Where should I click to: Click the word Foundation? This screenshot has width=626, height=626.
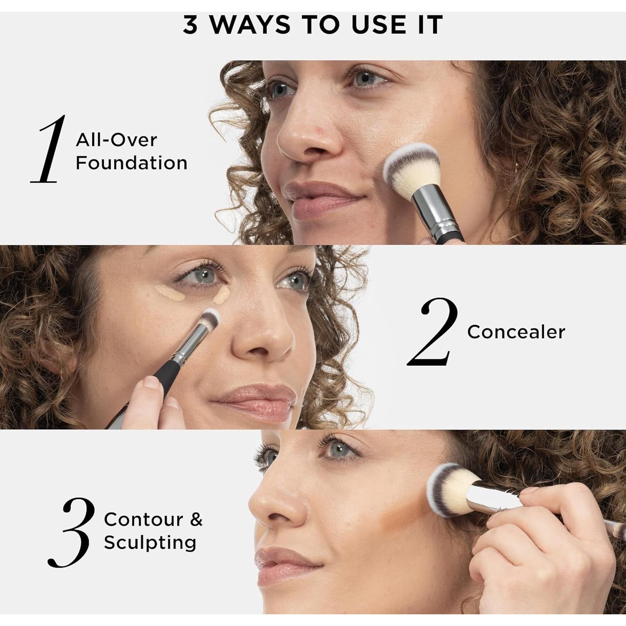pos(131,163)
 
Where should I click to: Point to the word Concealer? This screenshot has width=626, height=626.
pos(516,332)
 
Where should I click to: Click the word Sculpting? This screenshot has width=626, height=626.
pos(150,543)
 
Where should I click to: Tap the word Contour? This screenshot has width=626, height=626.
pos(144,520)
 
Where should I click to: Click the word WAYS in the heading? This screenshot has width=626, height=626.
pos(250,25)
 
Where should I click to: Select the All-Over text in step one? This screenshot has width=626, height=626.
pos(116,140)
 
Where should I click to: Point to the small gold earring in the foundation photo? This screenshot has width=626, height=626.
pos(517,167)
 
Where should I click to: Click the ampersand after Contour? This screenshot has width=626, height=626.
pos(196,520)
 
